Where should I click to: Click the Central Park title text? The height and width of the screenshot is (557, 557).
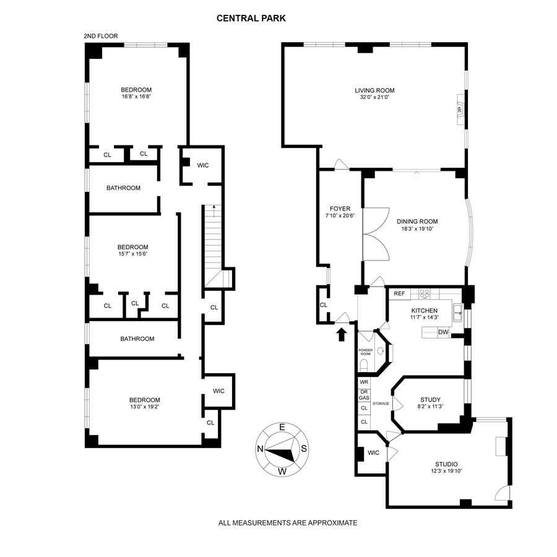click(251, 19)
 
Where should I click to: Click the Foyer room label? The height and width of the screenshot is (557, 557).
click(339, 209)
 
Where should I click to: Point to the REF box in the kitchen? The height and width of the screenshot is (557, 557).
click(399, 293)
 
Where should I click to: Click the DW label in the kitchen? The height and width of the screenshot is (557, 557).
click(443, 332)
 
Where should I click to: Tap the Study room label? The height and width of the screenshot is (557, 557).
click(430, 399)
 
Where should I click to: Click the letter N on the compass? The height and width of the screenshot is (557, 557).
click(261, 450)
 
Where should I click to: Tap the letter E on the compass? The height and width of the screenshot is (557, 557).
click(282, 427)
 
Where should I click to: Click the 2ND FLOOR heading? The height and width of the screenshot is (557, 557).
click(101, 37)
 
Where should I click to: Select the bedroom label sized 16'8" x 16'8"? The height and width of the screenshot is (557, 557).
click(136, 90)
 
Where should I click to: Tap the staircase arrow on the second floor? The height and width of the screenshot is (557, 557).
click(214, 210)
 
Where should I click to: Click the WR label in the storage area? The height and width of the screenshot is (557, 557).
click(364, 383)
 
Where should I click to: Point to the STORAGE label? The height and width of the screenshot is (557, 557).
click(381, 404)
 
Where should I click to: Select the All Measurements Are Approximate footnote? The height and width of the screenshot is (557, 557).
click(288, 523)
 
